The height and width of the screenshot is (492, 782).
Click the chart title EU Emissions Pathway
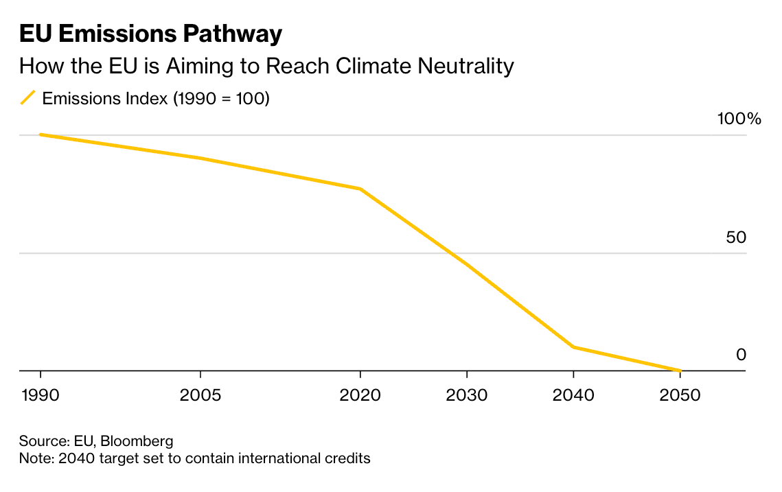pyautogui.click(x=150, y=34)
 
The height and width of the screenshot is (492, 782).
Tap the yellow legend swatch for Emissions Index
pyautogui.click(x=28, y=98)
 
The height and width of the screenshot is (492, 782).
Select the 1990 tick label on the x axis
pyautogui.click(x=41, y=396)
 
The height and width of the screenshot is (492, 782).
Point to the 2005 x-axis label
pyautogui.click(x=200, y=396)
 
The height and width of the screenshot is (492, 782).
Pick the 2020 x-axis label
pyautogui.click(x=360, y=396)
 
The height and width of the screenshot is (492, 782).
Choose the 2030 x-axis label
pyautogui.click(x=467, y=396)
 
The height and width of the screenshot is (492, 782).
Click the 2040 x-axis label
pyautogui.click(x=573, y=396)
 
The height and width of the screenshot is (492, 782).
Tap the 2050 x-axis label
pyautogui.click(x=680, y=396)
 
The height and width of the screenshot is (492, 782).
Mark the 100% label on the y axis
pyautogui.click(x=739, y=119)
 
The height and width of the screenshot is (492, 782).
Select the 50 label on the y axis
pyautogui.click(x=735, y=237)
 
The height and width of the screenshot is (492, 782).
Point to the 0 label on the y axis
pyautogui.click(x=741, y=355)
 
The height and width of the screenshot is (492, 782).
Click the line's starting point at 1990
pyautogui.click(x=41, y=134)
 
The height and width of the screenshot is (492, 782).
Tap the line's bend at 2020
pyautogui.click(x=360, y=189)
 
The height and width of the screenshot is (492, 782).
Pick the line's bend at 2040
pyautogui.click(x=573, y=347)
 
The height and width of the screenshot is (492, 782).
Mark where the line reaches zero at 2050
pyautogui.click(x=680, y=371)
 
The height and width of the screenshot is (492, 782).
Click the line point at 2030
pyautogui.click(x=467, y=264)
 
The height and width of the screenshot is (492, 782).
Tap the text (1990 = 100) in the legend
pyautogui.click(x=221, y=98)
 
